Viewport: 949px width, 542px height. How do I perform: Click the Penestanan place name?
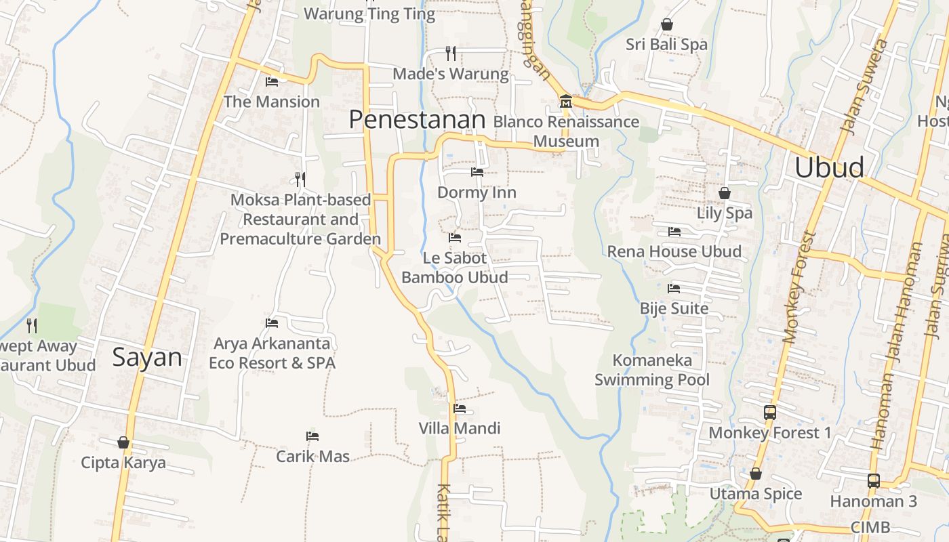[x=417, y=120]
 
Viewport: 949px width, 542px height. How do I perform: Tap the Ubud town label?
[x=829, y=167]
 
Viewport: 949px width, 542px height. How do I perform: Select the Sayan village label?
[x=147, y=357]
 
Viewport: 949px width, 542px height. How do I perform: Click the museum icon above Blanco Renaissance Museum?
[x=565, y=102]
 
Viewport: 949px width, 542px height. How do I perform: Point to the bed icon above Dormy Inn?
[x=477, y=172]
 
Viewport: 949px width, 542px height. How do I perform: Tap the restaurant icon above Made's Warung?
[x=451, y=53]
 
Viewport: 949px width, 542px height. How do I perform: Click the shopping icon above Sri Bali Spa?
[x=667, y=24]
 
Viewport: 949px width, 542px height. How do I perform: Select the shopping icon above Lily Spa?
[x=725, y=193]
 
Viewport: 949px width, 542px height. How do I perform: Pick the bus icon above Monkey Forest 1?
[x=770, y=412]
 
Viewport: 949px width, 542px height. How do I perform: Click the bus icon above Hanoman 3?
[x=874, y=481]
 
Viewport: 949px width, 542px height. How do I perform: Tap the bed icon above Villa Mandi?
[x=460, y=409]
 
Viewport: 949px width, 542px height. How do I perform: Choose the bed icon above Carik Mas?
[x=312, y=436]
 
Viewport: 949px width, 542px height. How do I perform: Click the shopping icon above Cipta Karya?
[x=123, y=442]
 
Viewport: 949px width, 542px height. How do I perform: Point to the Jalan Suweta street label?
[x=864, y=85]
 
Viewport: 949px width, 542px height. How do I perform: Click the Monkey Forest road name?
[x=800, y=288]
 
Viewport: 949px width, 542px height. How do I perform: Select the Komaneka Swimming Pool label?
[x=651, y=370]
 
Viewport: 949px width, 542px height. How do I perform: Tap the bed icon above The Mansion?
[x=272, y=82]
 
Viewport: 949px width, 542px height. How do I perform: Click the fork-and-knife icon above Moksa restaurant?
[x=300, y=180]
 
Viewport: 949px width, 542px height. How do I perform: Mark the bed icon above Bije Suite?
[x=674, y=289]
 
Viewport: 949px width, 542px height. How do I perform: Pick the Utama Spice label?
[x=755, y=494]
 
